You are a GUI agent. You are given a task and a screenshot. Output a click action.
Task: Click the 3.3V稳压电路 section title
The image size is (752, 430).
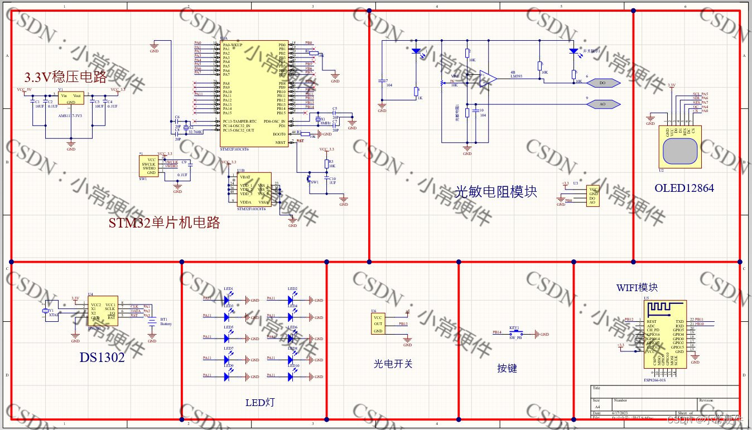[65, 77]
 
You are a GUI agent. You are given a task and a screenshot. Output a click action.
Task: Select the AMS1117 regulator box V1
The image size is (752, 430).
[71, 99]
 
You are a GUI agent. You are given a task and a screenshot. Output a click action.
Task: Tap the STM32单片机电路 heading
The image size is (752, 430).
[164, 223]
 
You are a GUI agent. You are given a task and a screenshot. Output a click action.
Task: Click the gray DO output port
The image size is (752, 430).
[603, 83]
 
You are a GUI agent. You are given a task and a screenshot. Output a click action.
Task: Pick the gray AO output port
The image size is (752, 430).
[603, 104]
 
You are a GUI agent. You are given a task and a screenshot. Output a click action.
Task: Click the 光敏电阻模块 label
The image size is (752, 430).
[496, 192]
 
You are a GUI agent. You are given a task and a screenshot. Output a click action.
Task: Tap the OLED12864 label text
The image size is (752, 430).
[684, 188]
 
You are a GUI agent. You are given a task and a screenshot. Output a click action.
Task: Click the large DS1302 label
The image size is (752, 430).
[102, 357]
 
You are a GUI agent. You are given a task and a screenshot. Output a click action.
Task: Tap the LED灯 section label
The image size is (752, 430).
[260, 402]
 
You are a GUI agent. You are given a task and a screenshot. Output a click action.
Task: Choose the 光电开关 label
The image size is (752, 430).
[393, 364]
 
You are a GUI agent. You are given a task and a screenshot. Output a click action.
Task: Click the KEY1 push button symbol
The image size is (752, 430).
[514, 334]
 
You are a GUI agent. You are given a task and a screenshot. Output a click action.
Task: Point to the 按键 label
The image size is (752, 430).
[507, 368]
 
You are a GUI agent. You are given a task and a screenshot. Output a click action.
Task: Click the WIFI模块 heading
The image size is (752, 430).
[637, 288]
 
